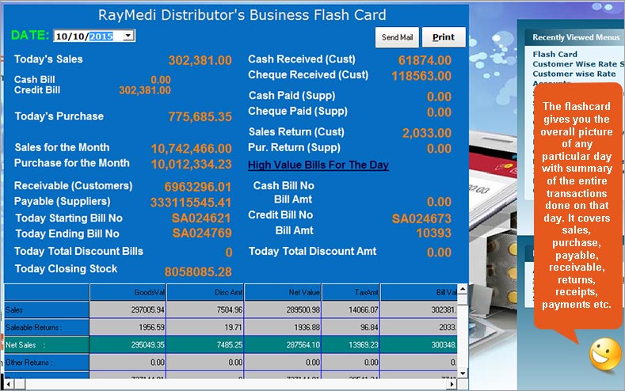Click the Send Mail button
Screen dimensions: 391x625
397,37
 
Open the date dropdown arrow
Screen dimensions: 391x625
129,36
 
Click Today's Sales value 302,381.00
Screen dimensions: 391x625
200,60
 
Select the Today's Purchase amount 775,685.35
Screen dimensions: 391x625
200,117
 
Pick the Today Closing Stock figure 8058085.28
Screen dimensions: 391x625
193,271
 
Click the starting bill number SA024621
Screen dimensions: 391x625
202,218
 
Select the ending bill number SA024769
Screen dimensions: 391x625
202,233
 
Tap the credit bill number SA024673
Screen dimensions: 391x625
421,218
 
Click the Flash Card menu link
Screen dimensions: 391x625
554,55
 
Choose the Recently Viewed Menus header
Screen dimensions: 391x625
575,37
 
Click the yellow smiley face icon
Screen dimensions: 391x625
605,353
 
